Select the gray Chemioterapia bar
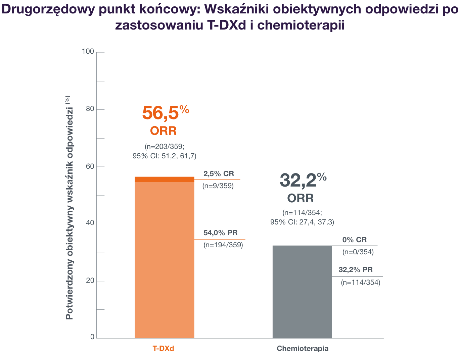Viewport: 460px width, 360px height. tap(302, 292)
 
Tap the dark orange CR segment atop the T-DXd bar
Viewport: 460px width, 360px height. tap(165, 179)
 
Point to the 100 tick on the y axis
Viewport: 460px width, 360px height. tap(88, 52)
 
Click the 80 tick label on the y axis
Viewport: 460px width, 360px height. tap(90, 109)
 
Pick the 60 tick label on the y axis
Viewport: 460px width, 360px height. tap(90, 166)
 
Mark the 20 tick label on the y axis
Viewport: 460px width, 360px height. tap(90, 281)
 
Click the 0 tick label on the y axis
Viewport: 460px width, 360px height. tap(92, 337)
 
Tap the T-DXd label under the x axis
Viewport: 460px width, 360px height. tap(164, 349)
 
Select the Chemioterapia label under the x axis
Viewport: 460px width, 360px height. tap(303, 349)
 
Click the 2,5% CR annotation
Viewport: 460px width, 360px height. tap(219, 174)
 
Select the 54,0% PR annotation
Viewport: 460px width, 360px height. tap(220, 233)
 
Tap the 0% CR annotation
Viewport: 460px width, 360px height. tap(354, 240)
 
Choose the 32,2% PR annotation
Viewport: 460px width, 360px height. tap(356, 270)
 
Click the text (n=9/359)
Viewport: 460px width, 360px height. tap(218, 186)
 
